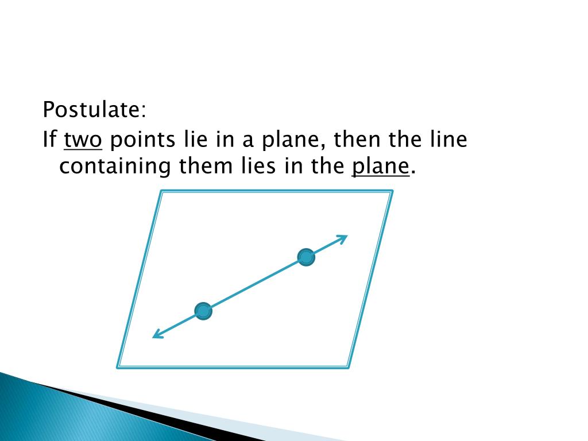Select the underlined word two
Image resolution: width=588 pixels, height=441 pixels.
coord(82,140)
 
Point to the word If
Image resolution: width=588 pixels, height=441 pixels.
coord(49,140)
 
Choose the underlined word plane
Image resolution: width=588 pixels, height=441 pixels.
coord(381,167)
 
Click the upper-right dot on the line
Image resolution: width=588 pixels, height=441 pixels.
coord(306,257)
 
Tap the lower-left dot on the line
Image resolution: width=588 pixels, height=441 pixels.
coord(203,311)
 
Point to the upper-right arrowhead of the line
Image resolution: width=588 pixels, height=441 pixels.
coord(344,237)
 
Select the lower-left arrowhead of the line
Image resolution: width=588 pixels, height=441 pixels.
coord(156,336)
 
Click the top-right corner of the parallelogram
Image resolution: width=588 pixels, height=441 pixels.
coord(392,192)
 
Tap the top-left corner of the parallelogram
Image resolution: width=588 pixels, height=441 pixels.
coord(161,192)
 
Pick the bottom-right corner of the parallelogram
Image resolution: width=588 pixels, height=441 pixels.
coord(348,366)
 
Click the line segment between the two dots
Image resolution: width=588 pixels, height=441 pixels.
coord(255,284)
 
